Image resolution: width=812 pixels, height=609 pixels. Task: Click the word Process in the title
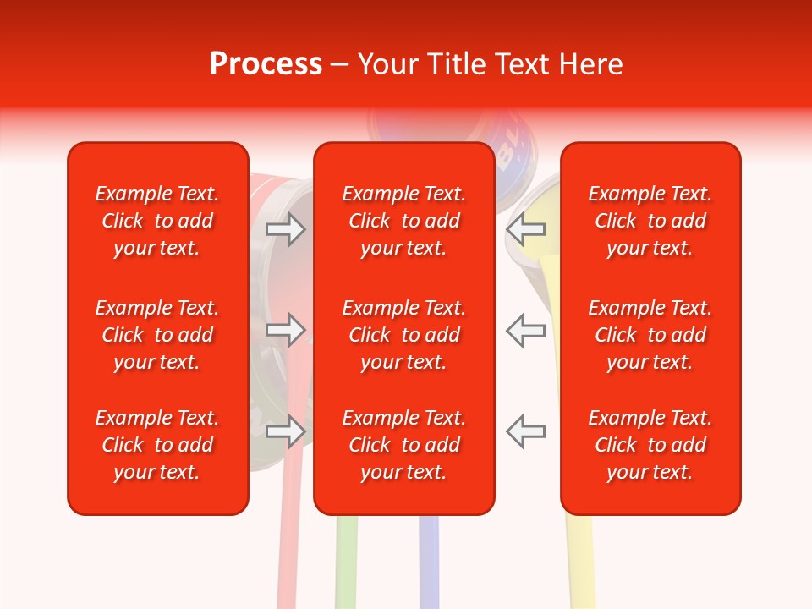pyautogui.click(x=266, y=64)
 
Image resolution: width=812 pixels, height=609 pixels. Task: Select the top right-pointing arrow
pyautogui.click(x=285, y=229)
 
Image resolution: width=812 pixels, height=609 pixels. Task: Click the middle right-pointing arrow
pyautogui.click(x=285, y=330)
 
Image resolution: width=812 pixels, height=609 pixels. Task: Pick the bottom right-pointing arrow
pyautogui.click(x=285, y=431)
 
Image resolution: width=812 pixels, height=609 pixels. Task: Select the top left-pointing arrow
pyautogui.click(x=526, y=229)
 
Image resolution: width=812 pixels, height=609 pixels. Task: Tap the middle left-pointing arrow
pyautogui.click(x=526, y=330)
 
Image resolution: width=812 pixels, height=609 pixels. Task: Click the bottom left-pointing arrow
pyautogui.click(x=526, y=431)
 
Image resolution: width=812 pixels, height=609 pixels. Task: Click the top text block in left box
pyautogui.click(x=157, y=221)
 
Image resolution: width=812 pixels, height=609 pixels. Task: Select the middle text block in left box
pyautogui.click(x=157, y=335)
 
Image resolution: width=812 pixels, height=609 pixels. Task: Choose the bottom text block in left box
pyautogui.click(x=157, y=445)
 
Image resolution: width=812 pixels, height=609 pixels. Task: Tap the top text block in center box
pyautogui.click(x=404, y=221)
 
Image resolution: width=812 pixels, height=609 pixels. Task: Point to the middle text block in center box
pyautogui.click(x=404, y=335)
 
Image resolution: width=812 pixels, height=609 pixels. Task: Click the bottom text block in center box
pyautogui.click(x=404, y=445)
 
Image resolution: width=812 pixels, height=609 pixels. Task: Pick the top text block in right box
pyautogui.click(x=650, y=221)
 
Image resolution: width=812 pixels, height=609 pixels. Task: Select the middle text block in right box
pyautogui.click(x=650, y=335)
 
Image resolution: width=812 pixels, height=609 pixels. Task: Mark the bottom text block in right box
pyautogui.click(x=650, y=445)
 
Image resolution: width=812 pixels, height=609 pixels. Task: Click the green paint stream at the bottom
pyautogui.click(x=346, y=562)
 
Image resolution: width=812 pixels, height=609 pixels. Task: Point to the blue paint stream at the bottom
pyautogui.click(x=429, y=562)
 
